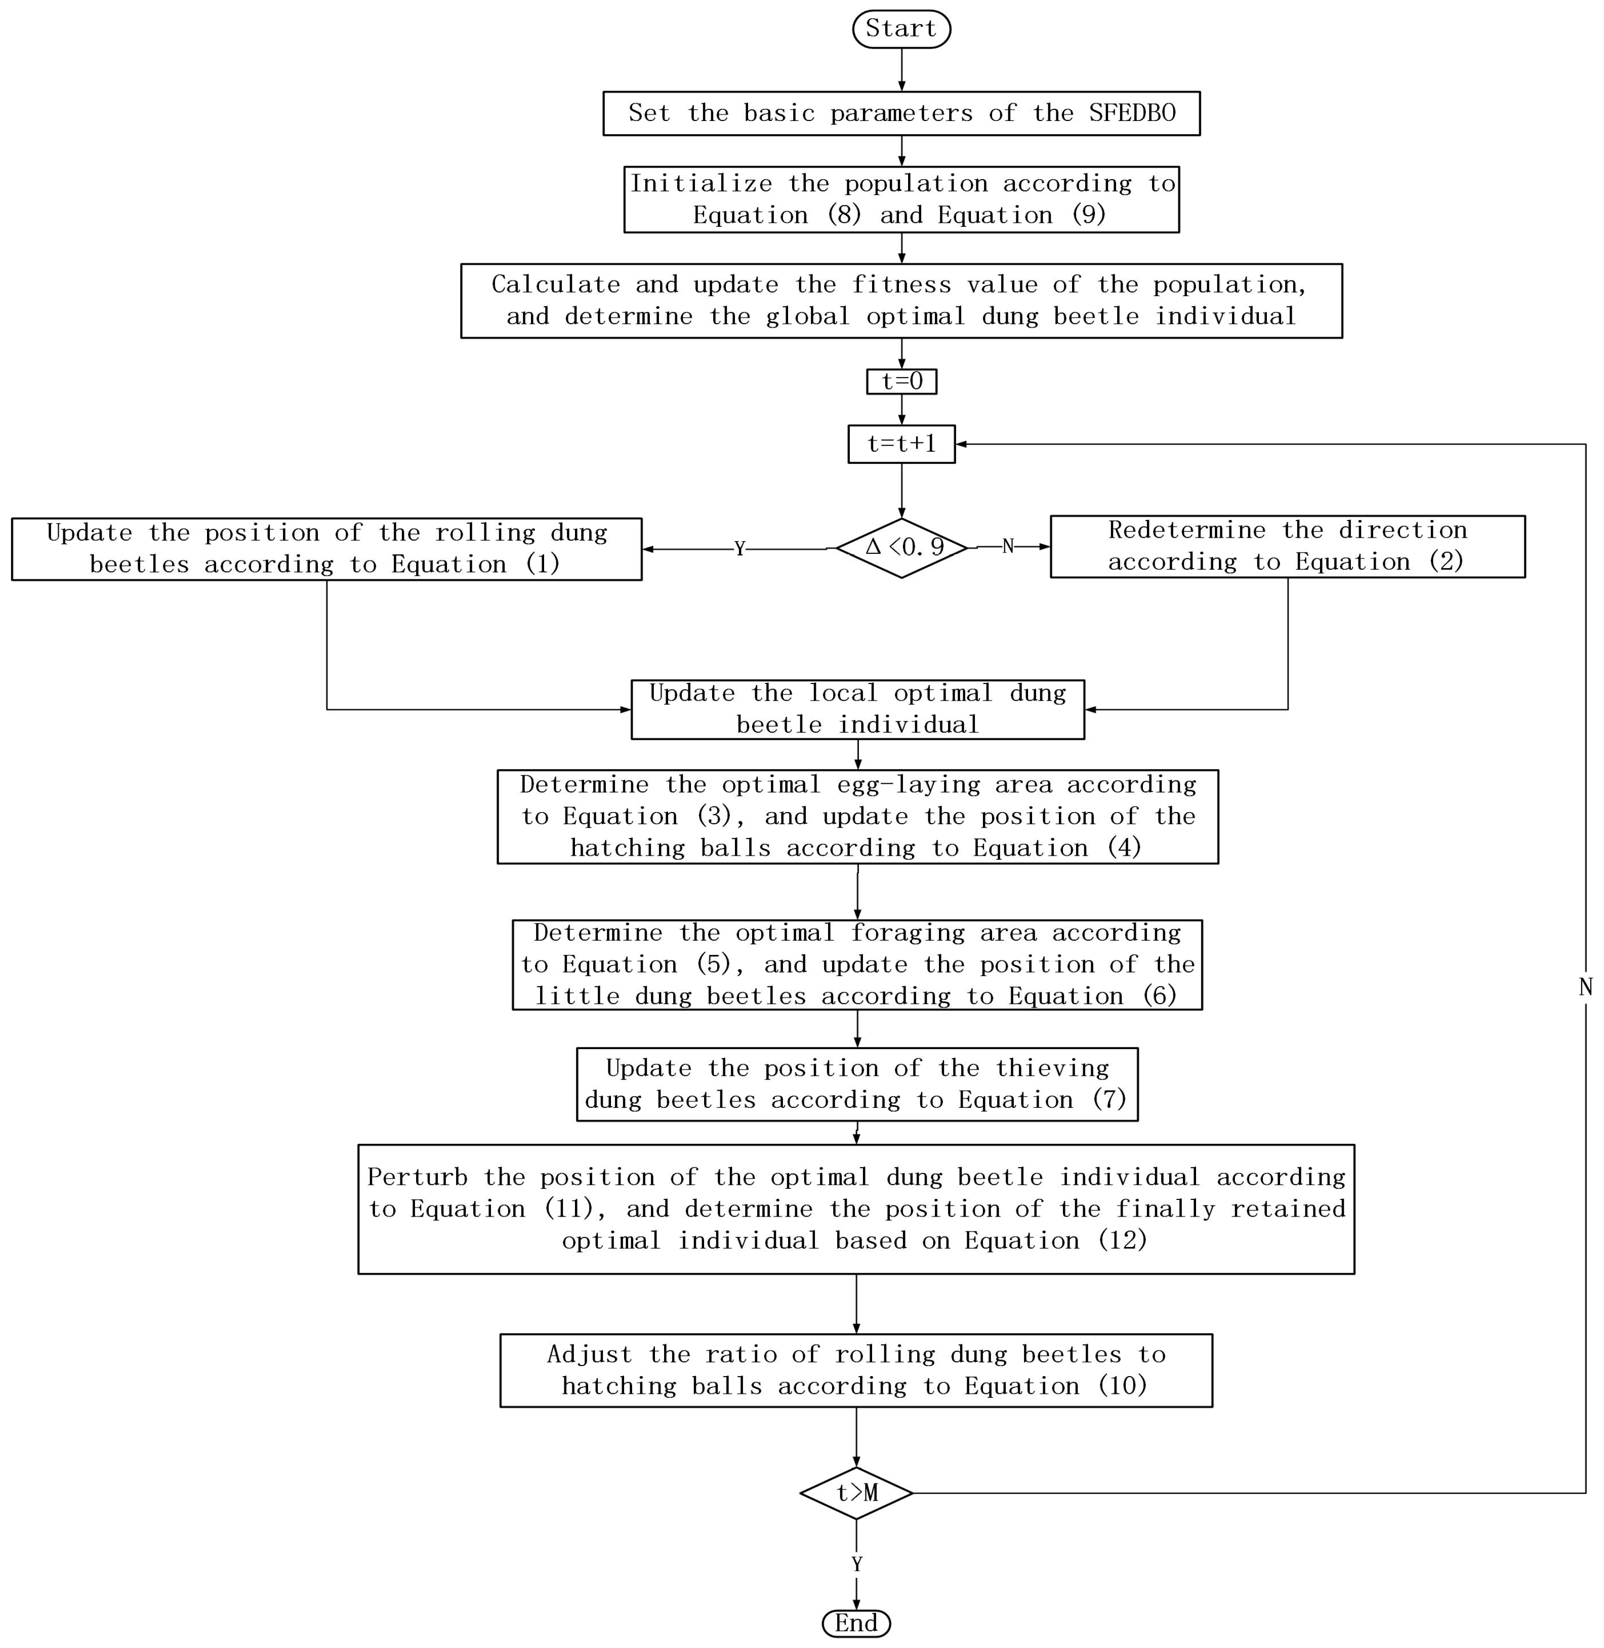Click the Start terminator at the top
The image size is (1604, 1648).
coord(901,29)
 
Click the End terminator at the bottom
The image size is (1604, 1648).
coord(856,1623)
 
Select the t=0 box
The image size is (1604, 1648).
coord(901,382)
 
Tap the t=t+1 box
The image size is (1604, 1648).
coord(901,444)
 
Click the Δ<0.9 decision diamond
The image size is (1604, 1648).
coord(901,548)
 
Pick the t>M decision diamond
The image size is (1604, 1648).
coord(856,1493)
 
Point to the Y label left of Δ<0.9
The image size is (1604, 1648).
coord(739,549)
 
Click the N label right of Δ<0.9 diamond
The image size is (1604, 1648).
coord(1008,547)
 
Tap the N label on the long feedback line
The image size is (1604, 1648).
coord(1585,987)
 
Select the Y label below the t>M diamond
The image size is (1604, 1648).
coord(857,1564)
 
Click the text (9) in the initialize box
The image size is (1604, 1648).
coord(1088,215)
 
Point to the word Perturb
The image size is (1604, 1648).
coord(417,1177)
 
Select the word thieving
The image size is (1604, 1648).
coord(1052,1068)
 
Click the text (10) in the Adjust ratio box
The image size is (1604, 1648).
coord(1122,1386)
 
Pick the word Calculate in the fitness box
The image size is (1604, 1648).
coord(555,285)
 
